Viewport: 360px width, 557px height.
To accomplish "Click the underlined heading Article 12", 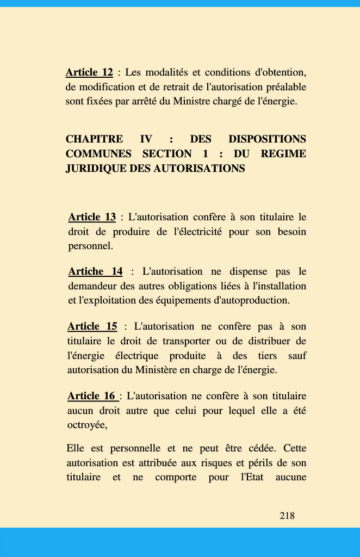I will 89,72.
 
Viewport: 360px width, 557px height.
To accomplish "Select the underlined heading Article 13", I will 92,217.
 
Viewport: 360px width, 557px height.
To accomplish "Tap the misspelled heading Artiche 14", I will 95,271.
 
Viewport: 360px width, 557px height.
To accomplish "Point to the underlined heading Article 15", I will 92,326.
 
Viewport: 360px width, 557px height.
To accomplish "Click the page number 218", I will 287,515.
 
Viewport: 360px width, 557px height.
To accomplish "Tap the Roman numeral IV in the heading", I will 146,139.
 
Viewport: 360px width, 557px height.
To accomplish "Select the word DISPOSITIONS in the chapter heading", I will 267,139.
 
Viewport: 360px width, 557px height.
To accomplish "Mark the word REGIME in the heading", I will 283,154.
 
